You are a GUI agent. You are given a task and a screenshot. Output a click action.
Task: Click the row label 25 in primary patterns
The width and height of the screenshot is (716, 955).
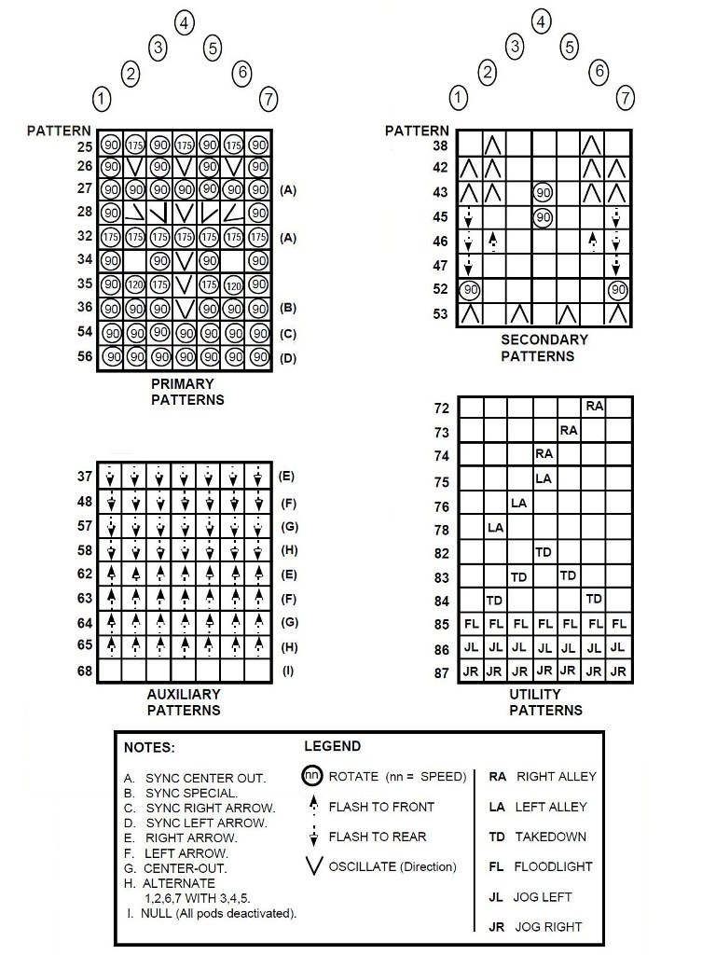click(85, 146)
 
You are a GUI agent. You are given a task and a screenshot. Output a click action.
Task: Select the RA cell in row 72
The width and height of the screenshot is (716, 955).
click(594, 406)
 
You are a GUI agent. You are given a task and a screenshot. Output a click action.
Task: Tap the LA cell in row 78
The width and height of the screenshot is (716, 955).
click(495, 528)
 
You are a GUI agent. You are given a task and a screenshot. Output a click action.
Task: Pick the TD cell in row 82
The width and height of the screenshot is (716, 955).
click(544, 552)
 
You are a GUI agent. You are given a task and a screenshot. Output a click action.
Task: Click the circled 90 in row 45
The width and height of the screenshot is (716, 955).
click(544, 217)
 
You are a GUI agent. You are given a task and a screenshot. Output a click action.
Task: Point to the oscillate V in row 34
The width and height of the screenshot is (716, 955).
click(185, 260)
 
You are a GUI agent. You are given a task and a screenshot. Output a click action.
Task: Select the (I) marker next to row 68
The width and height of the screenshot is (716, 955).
click(288, 670)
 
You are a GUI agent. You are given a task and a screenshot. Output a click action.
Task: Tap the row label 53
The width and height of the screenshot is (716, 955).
click(441, 315)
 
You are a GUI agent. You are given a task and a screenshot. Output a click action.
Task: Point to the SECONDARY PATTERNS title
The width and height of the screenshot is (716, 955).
click(544, 348)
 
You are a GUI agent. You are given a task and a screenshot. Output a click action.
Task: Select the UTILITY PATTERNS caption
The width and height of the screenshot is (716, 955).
click(545, 701)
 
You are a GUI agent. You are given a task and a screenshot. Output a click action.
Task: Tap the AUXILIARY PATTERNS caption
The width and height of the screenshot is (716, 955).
click(184, 701)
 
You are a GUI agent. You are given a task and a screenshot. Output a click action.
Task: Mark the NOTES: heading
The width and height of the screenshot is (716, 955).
click(149, 747)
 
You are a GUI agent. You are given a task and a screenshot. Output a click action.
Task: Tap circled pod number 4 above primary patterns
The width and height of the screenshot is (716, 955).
click(185, 23)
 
